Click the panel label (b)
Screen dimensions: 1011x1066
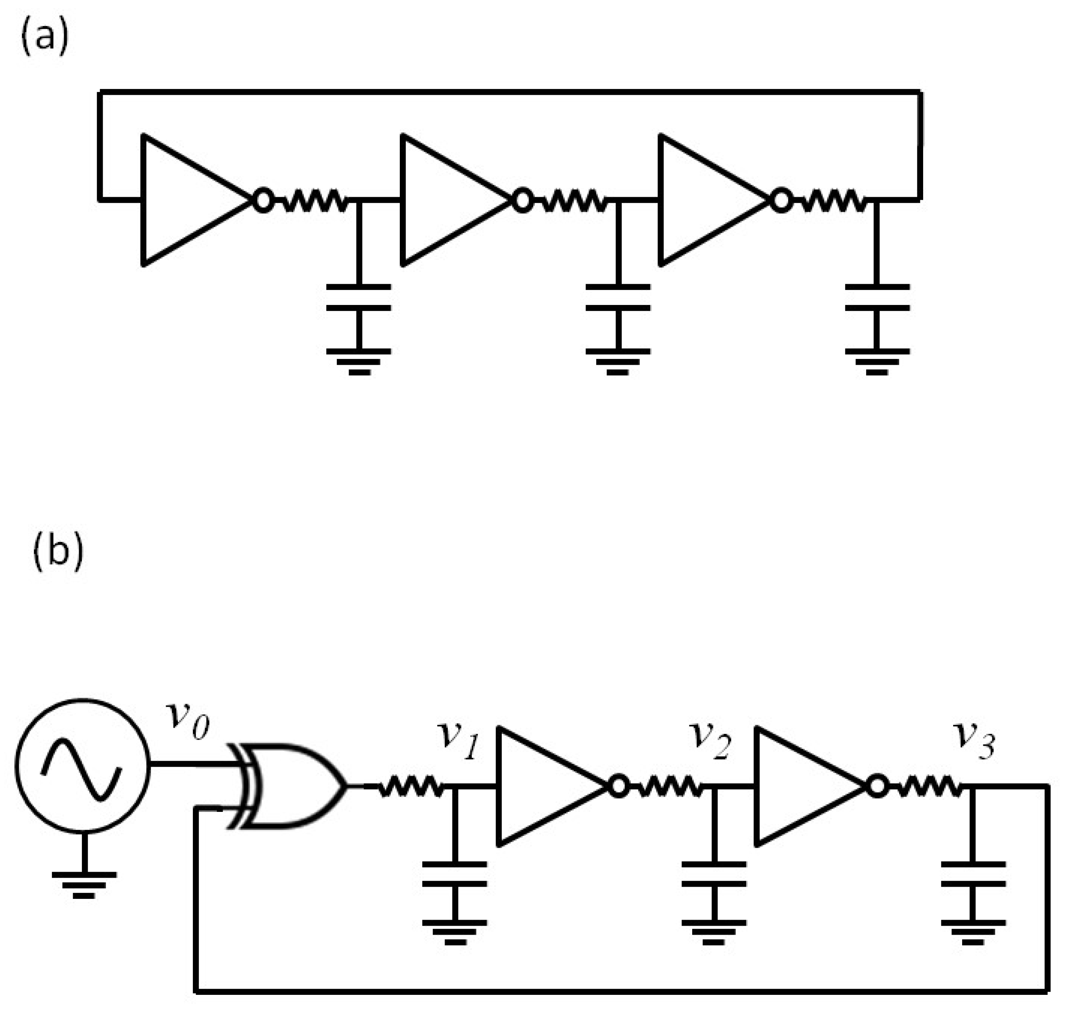tap(58, 552)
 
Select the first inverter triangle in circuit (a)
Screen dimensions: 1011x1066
tap(183, 200)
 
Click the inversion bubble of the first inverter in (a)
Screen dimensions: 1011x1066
tap(263, 200)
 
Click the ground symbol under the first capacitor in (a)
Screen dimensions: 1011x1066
tap(359, 360)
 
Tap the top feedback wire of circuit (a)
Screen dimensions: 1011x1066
tap(509, 92)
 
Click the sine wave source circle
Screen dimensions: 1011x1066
tap(82, 765)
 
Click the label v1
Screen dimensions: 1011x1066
tap(458, 741)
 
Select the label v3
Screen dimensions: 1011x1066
tap(973, 741)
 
